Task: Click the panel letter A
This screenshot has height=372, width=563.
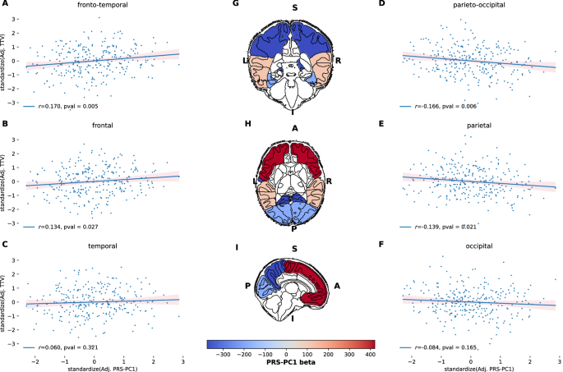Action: [x=6, y=4]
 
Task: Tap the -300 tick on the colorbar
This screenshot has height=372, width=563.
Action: [x=221, y=355]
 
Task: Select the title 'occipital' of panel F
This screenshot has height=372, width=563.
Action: [x=478, y=245]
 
